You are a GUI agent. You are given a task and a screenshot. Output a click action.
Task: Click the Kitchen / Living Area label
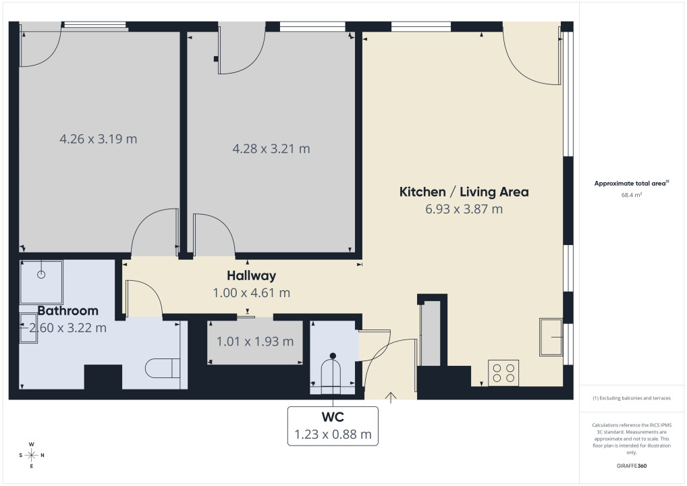click(x=464, y=192)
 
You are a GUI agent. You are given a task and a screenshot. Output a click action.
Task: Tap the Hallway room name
click(x=252, y=275)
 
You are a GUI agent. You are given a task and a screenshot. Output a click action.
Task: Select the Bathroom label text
click(x=68, y=310)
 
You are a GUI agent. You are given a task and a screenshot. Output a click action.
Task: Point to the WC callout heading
click(x=333, y=416)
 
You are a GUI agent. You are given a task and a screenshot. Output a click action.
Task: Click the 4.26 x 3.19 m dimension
click(x=99, y=139)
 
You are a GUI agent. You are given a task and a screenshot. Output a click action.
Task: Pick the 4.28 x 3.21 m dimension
click(x=271, y=148)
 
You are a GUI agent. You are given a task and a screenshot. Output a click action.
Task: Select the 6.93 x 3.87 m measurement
click(x=464, y=209)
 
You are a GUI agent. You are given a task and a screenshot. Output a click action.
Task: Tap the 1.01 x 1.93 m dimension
click(x=255, y=342)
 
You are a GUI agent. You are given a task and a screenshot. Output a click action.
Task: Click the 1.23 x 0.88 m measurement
click(x=333, y=434)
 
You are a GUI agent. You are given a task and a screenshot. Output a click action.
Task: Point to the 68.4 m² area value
click(x=632, y=195)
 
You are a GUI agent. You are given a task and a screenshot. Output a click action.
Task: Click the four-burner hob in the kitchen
click(x=503, y=373)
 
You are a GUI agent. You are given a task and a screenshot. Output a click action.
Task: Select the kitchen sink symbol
click(x=551, y=337)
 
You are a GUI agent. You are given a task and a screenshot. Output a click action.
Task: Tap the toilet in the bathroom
click(x=163, y=368)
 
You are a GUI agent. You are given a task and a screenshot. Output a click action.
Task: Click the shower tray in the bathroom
click(x=41, y=282)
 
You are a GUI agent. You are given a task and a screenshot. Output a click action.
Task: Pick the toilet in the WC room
click(x=331, y=373)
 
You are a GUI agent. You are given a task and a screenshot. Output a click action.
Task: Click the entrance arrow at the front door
click(x=390, y=398)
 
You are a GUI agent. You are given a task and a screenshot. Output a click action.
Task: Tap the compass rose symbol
click(x=32, y=456)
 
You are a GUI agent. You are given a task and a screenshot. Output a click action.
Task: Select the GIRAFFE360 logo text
click(x=632, y=466)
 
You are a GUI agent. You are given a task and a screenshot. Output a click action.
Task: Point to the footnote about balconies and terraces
click(x=632, y=398)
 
